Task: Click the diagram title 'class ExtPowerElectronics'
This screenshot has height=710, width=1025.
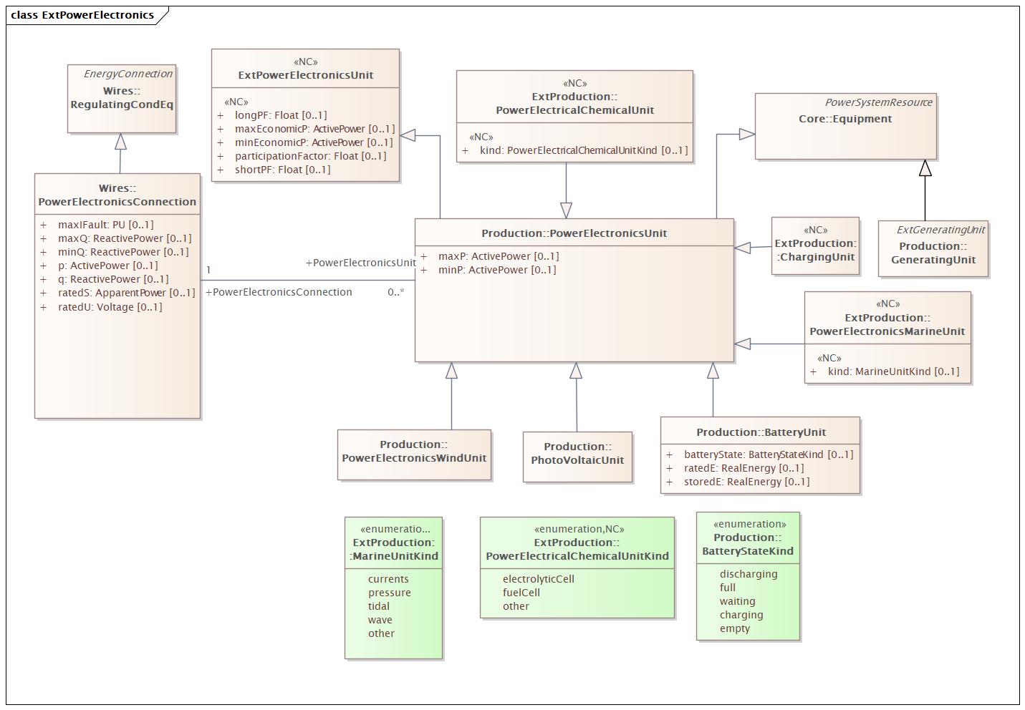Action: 82,15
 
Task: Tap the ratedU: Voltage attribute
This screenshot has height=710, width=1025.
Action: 101,307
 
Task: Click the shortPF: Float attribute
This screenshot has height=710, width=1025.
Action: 274,170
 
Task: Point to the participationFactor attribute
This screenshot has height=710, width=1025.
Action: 302,156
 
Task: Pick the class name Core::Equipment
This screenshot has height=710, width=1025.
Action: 845,119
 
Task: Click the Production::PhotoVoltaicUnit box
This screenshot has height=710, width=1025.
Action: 577,457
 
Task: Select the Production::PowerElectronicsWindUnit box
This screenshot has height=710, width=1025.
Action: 414,454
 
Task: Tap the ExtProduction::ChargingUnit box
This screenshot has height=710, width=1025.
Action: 815,245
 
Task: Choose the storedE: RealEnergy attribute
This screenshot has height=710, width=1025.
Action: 738,482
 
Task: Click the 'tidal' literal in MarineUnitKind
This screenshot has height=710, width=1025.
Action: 379,606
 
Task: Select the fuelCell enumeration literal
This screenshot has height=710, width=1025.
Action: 521,593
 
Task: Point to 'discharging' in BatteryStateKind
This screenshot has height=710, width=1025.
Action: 749,574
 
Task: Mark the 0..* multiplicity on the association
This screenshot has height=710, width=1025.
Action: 396,292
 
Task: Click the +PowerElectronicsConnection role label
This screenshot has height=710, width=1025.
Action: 279,292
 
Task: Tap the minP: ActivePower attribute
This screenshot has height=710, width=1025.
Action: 489,271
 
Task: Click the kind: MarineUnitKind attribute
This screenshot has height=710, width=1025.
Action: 885,371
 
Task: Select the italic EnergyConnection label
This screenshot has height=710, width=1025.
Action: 128,74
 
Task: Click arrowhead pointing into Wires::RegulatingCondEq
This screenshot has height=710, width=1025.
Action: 120,141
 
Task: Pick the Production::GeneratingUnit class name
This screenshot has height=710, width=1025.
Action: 933,253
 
